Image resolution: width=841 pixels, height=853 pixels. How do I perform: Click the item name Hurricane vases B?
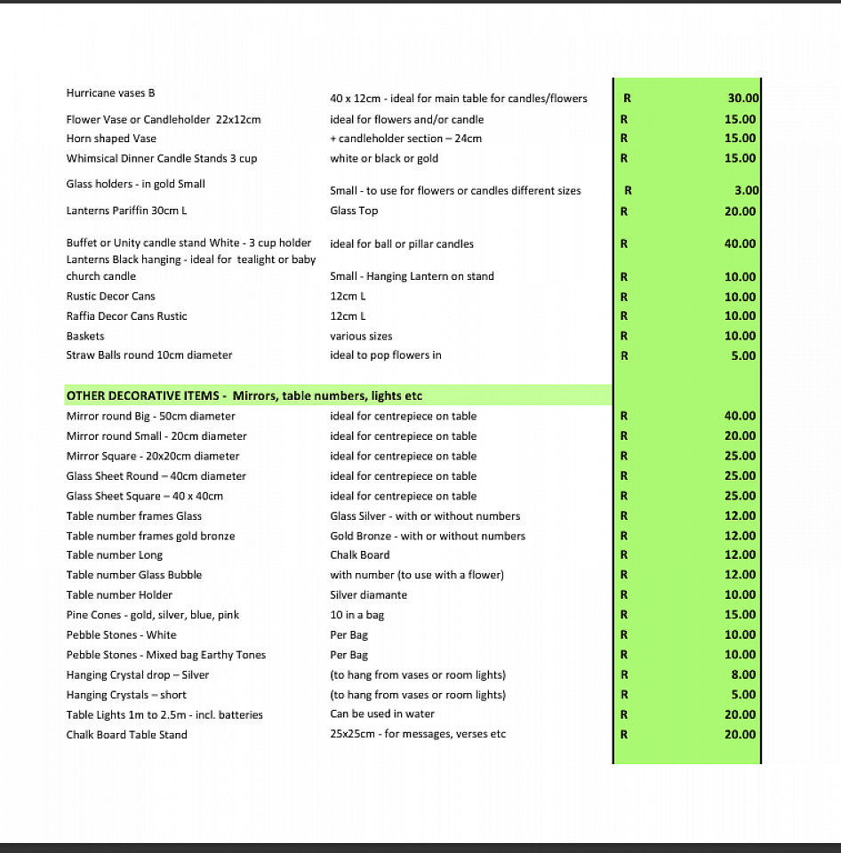(x=111, y=93)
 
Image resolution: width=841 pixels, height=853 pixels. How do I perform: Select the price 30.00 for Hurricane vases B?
(x=741, y=99)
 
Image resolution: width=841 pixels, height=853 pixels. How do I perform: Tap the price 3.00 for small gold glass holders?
(x=747, y=190)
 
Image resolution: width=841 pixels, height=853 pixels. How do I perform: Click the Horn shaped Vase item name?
(x=111, y=139)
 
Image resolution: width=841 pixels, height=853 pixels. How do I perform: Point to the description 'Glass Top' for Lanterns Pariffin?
(x=354, y=211)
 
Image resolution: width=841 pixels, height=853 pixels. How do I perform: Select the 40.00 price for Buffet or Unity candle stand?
(x=740, y=243)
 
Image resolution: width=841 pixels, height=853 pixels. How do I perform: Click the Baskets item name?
(x=85, y=336)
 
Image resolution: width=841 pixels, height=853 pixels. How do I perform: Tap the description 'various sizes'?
(x=361, y=336)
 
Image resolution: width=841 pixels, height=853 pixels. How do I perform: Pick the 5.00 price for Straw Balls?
(x=743, y=355)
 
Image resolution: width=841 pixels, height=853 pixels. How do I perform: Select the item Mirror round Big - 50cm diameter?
(x=151, y=416)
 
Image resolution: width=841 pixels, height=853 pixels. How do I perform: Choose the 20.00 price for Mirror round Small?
(x=740, y=436)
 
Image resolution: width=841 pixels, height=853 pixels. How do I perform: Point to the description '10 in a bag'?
(x=357, y=615)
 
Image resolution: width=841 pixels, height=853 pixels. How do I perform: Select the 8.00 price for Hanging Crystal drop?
(x=743, y=674)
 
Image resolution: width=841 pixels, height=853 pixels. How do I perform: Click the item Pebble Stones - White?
(x=121, y=634)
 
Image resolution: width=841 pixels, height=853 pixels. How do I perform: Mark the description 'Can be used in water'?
(x=382, y=713)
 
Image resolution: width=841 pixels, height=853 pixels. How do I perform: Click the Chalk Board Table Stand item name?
(x=126, y=735)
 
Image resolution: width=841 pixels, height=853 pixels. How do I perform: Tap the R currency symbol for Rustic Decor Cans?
(x=624, y=297)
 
